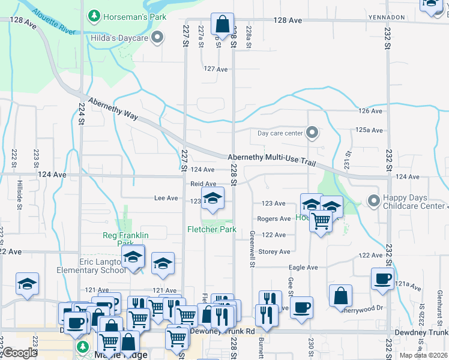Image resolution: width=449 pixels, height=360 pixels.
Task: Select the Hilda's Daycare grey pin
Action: click(157, 38)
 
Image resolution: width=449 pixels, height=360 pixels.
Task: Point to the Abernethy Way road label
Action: click(110, 110)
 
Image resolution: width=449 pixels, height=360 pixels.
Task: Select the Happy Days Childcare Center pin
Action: click(373, 200)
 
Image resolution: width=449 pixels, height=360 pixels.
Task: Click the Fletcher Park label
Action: click(212, 229)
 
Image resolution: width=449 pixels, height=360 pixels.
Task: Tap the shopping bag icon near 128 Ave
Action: click(222, 25)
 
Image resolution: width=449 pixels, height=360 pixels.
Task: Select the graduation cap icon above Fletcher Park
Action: click(212, 199)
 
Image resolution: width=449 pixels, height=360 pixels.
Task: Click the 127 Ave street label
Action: click(216, 69)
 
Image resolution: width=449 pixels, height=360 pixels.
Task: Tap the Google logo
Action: click(20, 353)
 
